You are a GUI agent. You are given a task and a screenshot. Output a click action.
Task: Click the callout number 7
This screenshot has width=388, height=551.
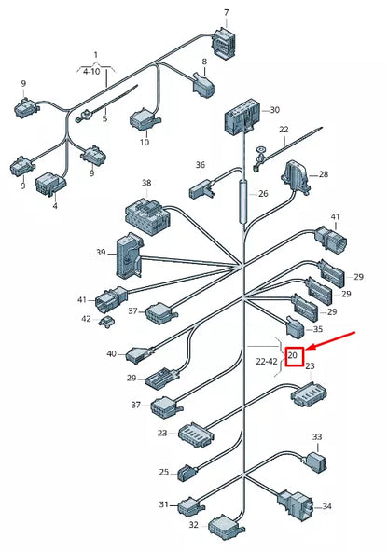225,12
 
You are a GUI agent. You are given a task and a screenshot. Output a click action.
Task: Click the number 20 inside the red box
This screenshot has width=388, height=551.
293,355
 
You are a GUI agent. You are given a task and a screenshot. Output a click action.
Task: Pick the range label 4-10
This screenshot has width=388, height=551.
93,70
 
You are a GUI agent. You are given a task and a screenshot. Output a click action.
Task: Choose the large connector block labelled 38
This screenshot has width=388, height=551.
147,215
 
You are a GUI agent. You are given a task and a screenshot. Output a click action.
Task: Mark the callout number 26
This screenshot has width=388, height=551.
262,194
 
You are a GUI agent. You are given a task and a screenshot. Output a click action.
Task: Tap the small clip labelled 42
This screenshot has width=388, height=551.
108,322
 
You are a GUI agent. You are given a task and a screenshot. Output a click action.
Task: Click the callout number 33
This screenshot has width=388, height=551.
316,436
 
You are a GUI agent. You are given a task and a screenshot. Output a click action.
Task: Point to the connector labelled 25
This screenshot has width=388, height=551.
187,473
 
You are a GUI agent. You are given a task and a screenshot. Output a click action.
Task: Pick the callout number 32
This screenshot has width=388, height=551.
193,525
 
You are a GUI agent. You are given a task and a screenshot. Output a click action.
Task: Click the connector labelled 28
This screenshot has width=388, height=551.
297,175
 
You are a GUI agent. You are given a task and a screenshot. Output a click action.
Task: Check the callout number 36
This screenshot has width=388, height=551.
200,165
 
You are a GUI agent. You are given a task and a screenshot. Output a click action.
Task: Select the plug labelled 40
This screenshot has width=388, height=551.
143,355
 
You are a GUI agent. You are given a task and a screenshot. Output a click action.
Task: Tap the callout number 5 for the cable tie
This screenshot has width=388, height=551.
104,119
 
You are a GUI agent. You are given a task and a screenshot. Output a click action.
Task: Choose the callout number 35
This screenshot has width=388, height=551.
317,329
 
